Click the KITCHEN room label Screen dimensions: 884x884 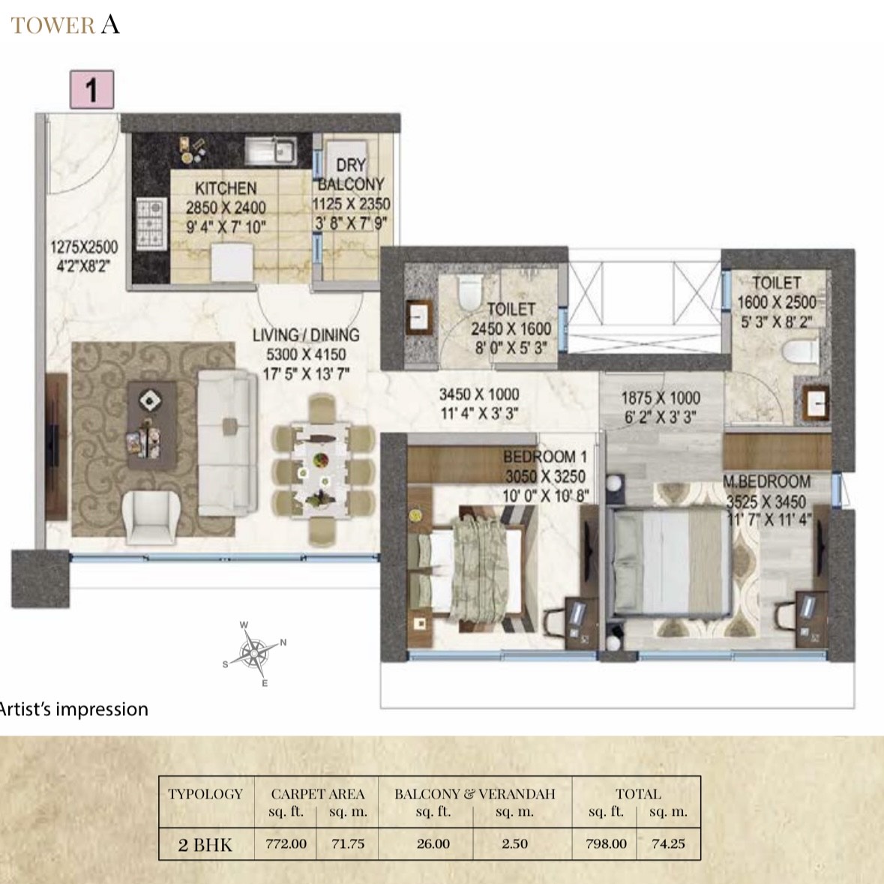click(x=226, y=187)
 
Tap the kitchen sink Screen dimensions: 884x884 click(x=271, y=151)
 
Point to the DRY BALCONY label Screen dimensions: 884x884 click(x=351, y=174)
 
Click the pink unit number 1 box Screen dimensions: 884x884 click(x=92, y=90)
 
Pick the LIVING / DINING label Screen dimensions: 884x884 click(x=306, y=335)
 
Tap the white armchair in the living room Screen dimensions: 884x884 click(x=149, y=517)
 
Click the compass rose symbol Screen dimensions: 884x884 click(x=255, y=654)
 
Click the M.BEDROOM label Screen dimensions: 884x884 click(x=767, y=481)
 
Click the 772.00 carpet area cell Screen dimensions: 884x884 click(x=286, y=844)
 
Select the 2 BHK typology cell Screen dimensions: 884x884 click(x=205, y=844)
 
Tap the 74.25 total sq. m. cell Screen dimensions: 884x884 click(x=668, y=844)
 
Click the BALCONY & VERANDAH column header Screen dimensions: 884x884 click(x=475, y=794)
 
